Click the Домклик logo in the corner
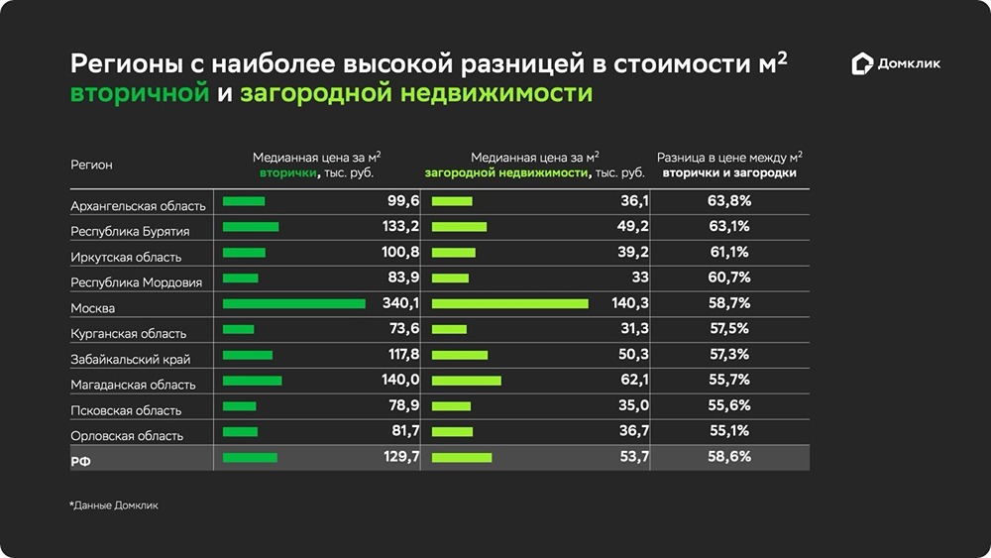click(896, 64)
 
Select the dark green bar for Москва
click(294, 303)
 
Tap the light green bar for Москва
click(510, 303)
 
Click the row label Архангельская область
click(138, 206)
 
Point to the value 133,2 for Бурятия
click(401, 226)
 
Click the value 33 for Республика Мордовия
click(639, 278)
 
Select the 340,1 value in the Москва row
click(400, 303)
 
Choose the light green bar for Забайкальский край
click(460, 355)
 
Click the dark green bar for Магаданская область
click(253, 381)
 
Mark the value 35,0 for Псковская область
click(632, 405)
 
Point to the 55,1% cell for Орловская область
click(728, 431)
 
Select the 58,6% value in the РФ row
click(728, 457)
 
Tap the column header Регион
click(91, 165)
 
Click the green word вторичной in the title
click(140, 94)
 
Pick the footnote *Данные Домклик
click(114, 505)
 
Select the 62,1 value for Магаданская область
click(632, 380)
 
